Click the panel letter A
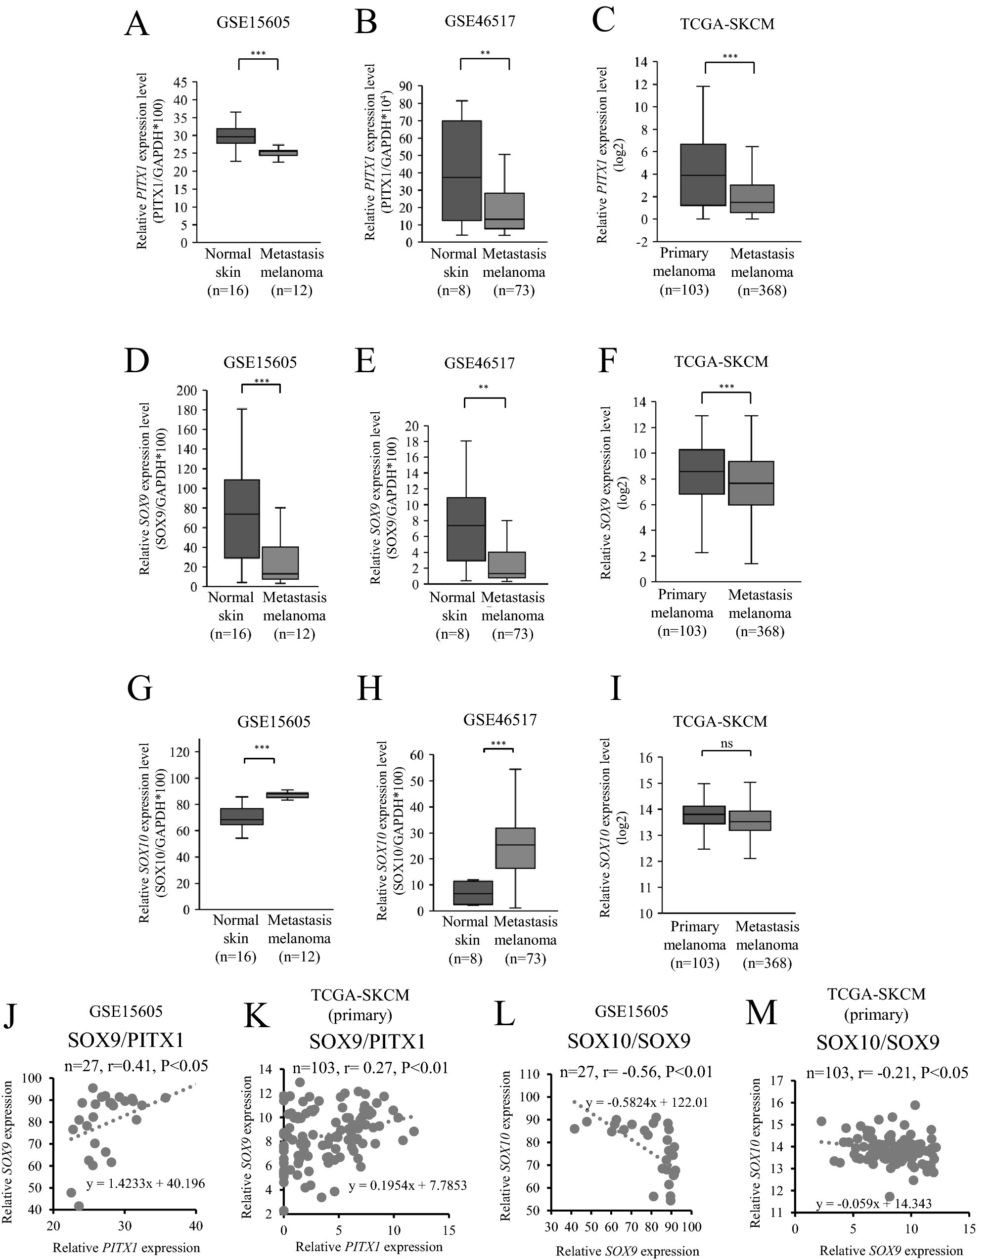pos(136,24)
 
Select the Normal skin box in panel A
pos(236,136)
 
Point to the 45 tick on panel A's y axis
pos(180,83)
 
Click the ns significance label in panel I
pos(726,744)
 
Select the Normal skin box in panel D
pos(242,519)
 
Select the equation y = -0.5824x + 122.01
pos(646,1102)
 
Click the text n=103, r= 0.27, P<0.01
pos(370,1067)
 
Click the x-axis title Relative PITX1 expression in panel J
pos(126,1247)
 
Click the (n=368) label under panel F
pos(760,632)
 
